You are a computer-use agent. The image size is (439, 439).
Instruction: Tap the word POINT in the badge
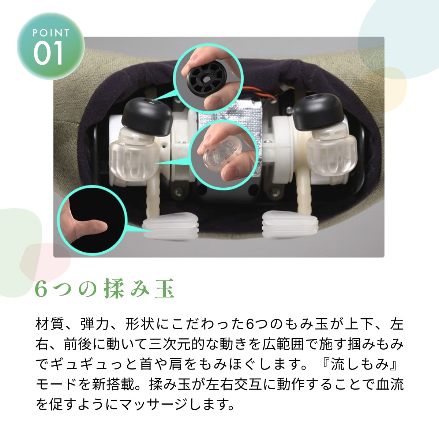pyautogui.click(x=50, y=33)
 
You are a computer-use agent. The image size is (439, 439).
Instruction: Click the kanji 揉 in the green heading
pyautogui.click(x=114, y=289)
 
